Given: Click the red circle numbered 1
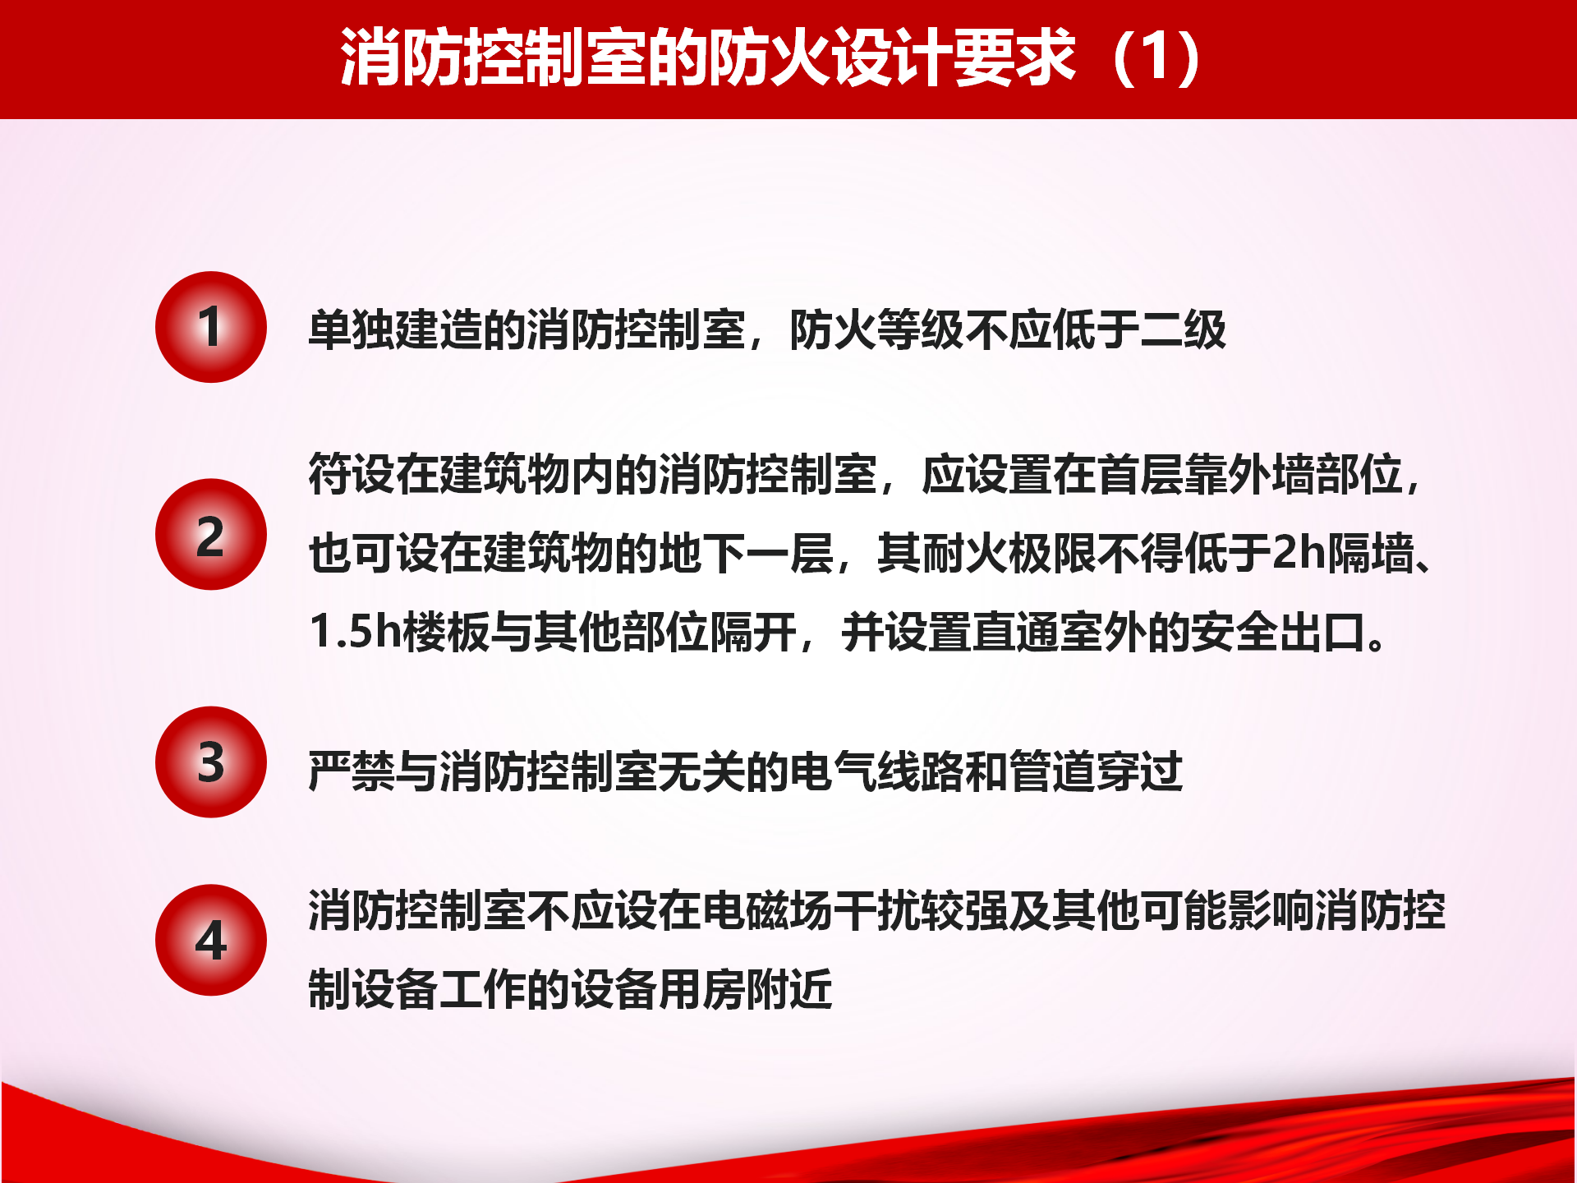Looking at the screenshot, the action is click(211, 327).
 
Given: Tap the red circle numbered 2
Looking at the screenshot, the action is click(211, 535).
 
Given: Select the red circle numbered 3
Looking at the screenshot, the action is click(211, 762).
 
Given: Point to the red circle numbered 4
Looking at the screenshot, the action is click(211, 940).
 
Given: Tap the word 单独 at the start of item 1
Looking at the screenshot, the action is click(352, 330).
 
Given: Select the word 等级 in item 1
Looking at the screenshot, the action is click(921, 330).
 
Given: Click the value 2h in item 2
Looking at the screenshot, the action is click(1299, 552).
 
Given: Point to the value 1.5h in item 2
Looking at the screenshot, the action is click(355, 632).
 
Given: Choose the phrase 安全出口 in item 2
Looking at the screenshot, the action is click(1279, 633).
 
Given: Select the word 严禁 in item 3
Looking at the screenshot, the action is click(352, 771).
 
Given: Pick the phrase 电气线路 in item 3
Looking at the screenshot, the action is click(877, 771).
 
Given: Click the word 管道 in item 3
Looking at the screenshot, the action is click(1052, 771).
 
